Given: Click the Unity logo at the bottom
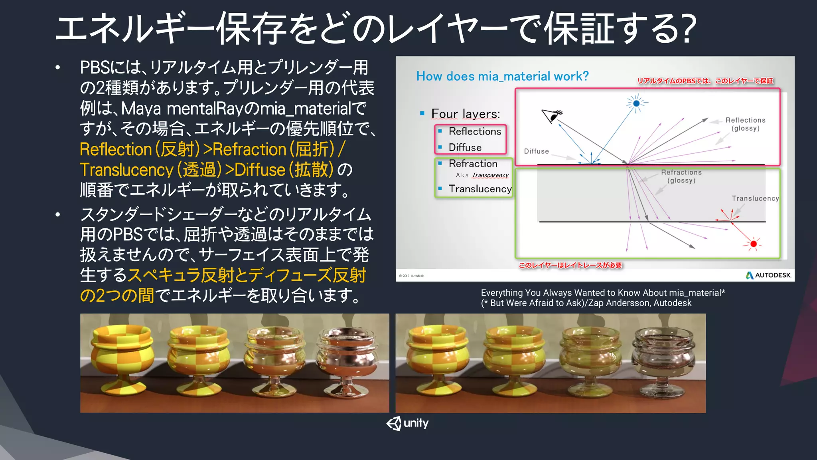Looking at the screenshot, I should (x=407, y=423).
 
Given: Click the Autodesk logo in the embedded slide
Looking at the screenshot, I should (x=768, y=275).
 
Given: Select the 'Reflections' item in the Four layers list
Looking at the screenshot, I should (x=475, y=131).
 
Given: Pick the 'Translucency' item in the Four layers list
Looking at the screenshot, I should (x=480, y=189).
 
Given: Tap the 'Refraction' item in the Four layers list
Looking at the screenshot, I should (x=473, y=164).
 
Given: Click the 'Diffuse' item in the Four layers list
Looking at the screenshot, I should (x=465, y=148).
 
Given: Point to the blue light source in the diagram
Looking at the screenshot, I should (x=636, y=103).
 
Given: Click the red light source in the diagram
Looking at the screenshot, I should (x=753, y=244).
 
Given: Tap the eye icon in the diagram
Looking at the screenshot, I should (x=552, y=116).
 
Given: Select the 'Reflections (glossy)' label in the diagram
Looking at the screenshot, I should (x=745, y=124).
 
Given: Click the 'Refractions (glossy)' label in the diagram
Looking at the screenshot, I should (x=681, y=176).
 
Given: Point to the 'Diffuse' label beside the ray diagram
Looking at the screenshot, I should (x=536, y=151).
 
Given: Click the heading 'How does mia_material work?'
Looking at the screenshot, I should (x=502, y=76).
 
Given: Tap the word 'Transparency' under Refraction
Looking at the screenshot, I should (x=490, y=175).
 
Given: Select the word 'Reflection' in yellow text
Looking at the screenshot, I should (x=116, y=150).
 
